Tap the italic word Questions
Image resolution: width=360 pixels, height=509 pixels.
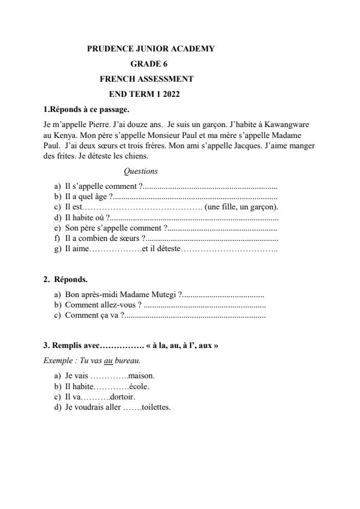140,171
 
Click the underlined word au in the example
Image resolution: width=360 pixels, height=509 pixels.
109,360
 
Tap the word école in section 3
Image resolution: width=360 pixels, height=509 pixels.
139,386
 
